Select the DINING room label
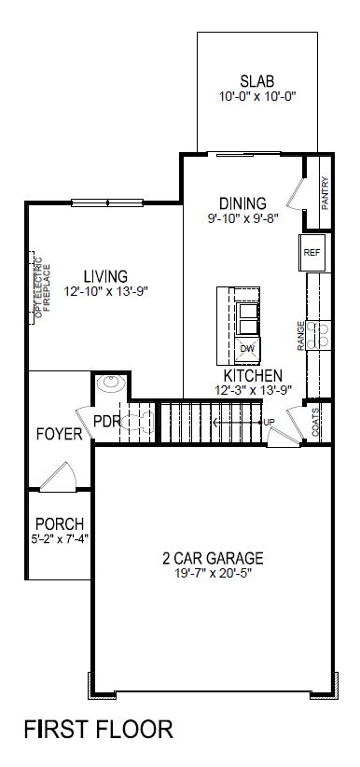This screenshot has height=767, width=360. pyautogui.click(x=243, y=202)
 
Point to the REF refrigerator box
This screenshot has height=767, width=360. pyautogui.click(x=311, y=252)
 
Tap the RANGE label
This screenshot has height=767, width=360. pyautogui.click(x=301, y=335)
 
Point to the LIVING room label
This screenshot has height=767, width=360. pyautogui.click(x=104, y=276)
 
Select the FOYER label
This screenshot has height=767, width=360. pyautogui.click(x=58, y=434)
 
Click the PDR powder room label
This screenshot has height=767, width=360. pyautogui.click(x=107, y=420)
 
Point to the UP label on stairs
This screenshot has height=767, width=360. pyautogui.click(x=270, y=424)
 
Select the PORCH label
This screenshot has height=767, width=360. pyautogui.click(x=58, y=523)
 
